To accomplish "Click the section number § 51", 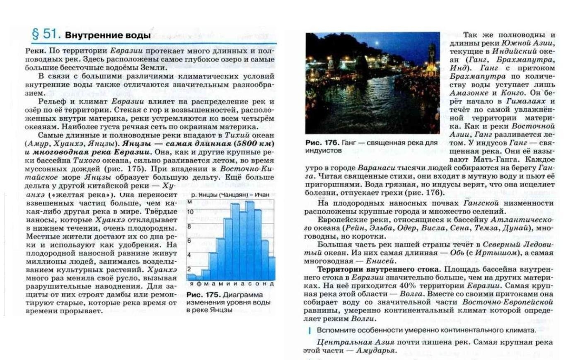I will click(x=46, y=34).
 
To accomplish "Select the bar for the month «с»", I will click(x=249, y=240).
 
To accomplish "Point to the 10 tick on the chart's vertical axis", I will click(x=191, y=212).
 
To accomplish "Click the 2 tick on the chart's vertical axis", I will click(x=189, y=269).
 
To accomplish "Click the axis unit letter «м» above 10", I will click(x=190, y=202).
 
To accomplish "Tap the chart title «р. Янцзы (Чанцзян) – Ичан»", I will click(x=230, y=194).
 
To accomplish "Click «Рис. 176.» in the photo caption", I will click(x=322, y=143).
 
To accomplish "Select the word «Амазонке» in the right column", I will click(x=466, y=93).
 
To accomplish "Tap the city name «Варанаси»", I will click(x=374, y=168).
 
